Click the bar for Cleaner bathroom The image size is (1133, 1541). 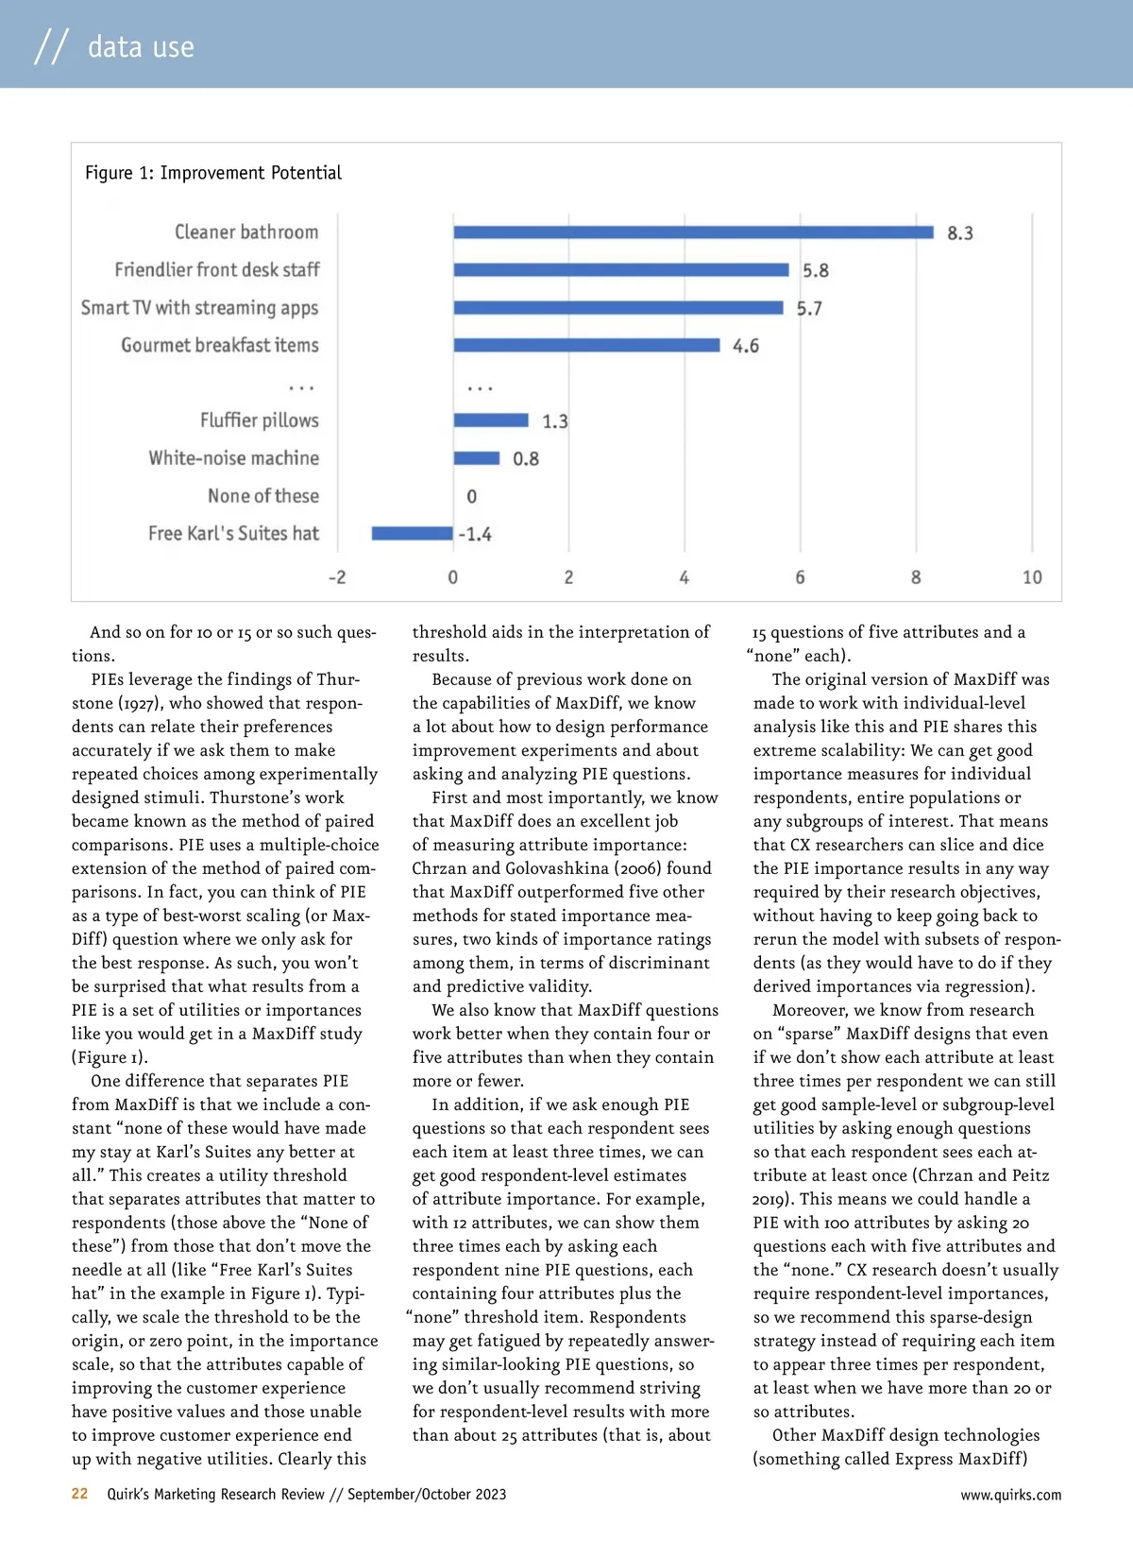(x=693, y=232)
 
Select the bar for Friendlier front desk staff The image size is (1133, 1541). (x=620, y=270)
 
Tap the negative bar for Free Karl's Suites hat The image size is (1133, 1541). (x=412, y=534)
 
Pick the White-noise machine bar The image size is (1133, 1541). (x=476, y=458)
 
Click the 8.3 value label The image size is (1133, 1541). (x=959, y=233)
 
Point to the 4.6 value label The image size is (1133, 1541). (x=745, y=346)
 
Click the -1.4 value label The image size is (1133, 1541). (x=475, y=535)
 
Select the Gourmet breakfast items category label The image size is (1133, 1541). (x=220, y=346)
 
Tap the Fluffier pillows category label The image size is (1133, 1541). (x=260, y=420)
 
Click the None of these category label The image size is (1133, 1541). (x=263, y=496)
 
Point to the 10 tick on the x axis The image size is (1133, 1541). (x=1032, y=577)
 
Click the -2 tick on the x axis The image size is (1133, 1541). (x=337, y=577)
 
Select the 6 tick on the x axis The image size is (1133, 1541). (x=800, y=577)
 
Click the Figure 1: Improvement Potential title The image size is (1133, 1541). (x=213, y=173)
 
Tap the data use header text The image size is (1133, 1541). (x=141, y=46)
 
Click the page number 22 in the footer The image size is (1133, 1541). (x=80, y=1494)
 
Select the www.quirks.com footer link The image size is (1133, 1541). (x=1010, y=1495)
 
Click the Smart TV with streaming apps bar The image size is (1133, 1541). (x=618, y=308)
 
